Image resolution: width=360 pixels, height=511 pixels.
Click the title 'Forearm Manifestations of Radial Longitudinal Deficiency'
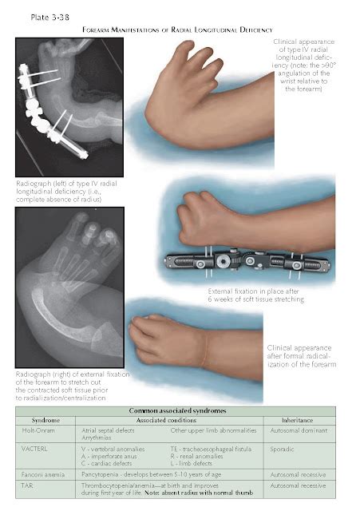(179, 29)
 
